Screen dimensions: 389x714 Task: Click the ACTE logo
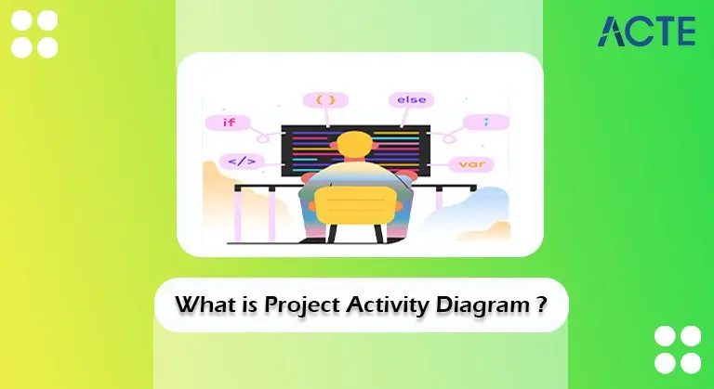tap(647, 31)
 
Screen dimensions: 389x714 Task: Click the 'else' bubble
tap(409, 98)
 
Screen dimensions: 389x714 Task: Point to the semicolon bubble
tap(483, 122)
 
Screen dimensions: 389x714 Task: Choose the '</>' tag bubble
tap(241, 162)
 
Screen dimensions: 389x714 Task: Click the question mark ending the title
tap(541, 303)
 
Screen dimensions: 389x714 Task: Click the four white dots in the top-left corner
tap(33, 34)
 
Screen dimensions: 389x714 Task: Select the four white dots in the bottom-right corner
tap(677, 349)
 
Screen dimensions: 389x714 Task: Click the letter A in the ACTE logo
tap(614, 32)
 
